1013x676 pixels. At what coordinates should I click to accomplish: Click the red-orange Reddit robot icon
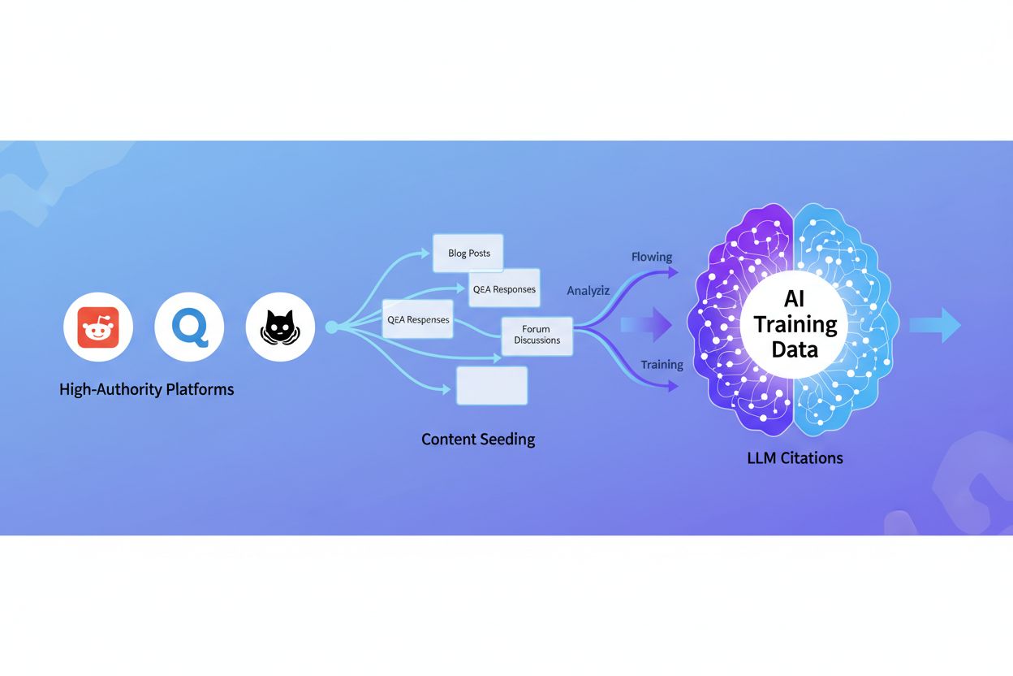(98, 327)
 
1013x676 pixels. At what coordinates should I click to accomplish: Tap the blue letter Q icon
(189, 327)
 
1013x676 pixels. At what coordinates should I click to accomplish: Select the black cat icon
(280, 327)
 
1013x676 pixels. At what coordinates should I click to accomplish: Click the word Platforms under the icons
(200, 389)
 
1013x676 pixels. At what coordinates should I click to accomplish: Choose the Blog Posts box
(468, 253)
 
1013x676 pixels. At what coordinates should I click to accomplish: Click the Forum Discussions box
(537, 336)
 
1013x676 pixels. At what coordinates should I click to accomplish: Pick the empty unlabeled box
(492, 385)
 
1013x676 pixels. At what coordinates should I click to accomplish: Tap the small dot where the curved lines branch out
(331, 327)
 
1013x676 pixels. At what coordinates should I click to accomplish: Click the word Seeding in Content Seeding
(508, 440)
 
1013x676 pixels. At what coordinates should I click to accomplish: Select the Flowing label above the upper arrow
(652, 257)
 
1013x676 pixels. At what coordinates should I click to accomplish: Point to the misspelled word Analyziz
(588, 290)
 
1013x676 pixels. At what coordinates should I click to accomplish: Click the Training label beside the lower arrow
(662, 365)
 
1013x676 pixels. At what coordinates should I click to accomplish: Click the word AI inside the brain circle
(795, 300)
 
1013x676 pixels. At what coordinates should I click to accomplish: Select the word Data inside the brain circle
(795, 349)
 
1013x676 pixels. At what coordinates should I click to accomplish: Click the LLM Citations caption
(795, 458)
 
